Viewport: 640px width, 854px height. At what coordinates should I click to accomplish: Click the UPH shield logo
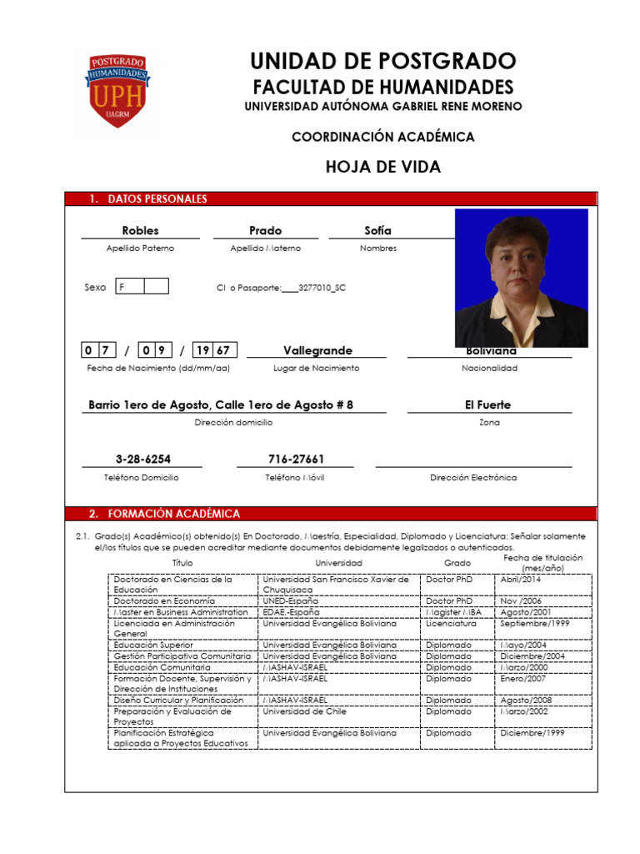click(117, 91)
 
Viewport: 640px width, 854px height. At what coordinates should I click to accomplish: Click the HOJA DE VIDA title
click(382, 167)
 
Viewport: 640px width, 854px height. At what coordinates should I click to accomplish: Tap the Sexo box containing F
click(130, 287)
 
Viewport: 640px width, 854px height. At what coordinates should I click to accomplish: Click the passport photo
click(521, 278)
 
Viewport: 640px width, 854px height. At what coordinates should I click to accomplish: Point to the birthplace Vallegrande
click(317, 350)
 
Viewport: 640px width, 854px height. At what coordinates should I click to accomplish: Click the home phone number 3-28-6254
click(142, 460)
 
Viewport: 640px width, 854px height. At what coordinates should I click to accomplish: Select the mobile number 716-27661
click(296, 460)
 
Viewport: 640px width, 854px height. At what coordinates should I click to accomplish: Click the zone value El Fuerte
click(488, 405)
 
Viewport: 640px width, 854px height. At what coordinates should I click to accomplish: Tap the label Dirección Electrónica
click(473, 478)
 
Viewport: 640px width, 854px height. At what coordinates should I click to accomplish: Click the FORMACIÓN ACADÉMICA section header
click(164, 514)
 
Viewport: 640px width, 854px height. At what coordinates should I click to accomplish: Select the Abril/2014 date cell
click(521, 579)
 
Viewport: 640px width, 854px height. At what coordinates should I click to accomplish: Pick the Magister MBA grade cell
click(454, 612)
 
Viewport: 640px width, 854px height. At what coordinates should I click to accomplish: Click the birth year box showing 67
click(223, 350)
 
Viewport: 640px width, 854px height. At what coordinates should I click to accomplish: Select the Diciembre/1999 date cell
click(532, 733)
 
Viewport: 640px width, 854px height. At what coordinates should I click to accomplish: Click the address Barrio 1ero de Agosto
click(221, 405)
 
